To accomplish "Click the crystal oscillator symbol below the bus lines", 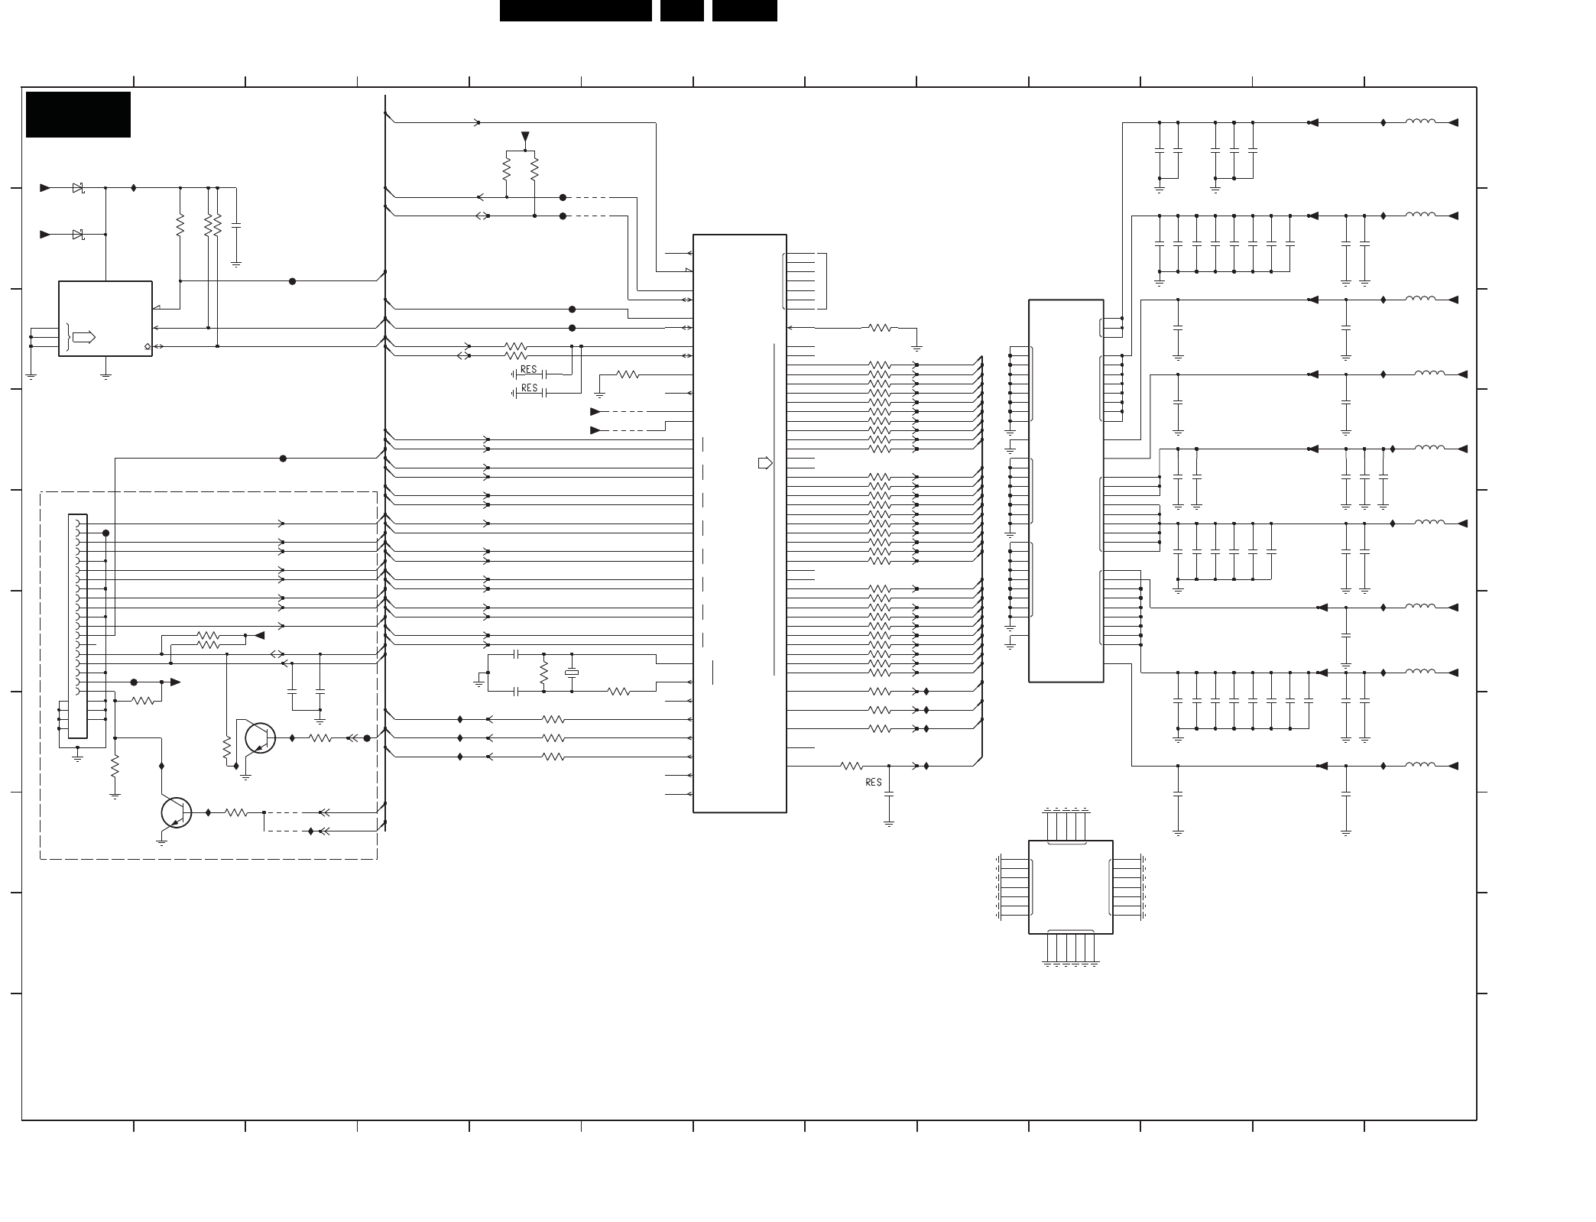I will [x=572, y=673].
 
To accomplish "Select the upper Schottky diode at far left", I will [x=78, y=188].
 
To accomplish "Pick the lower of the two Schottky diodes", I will [x=78, y=235].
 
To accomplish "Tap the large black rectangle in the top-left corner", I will [x=78, y=115].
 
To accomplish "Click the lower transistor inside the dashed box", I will [x=177, y=812].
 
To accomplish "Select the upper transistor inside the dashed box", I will [x=260, y=737].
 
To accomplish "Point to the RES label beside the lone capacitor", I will [x=874, y=782].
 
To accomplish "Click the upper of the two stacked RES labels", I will [x=529, y=370].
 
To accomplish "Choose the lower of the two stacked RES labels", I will [x=529, y=388].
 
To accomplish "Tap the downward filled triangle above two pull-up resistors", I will [x=525, y=138].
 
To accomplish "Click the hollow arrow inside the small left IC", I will [x=84, y=337].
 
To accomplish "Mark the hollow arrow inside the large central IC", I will [x=765, y=463].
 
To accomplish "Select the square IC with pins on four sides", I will [x=1070, y=887].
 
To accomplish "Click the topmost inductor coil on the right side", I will [x=1420, y=122].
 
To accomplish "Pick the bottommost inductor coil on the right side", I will [x=1420, y=765].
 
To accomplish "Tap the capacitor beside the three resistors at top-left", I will [x=236, y=226].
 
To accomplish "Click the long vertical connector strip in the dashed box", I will [x=78, y=626].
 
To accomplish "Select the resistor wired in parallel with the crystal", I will [x=543, y=673].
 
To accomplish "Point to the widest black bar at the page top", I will [x=576, y=11].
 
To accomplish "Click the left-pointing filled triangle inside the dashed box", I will [x=259, y=635].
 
